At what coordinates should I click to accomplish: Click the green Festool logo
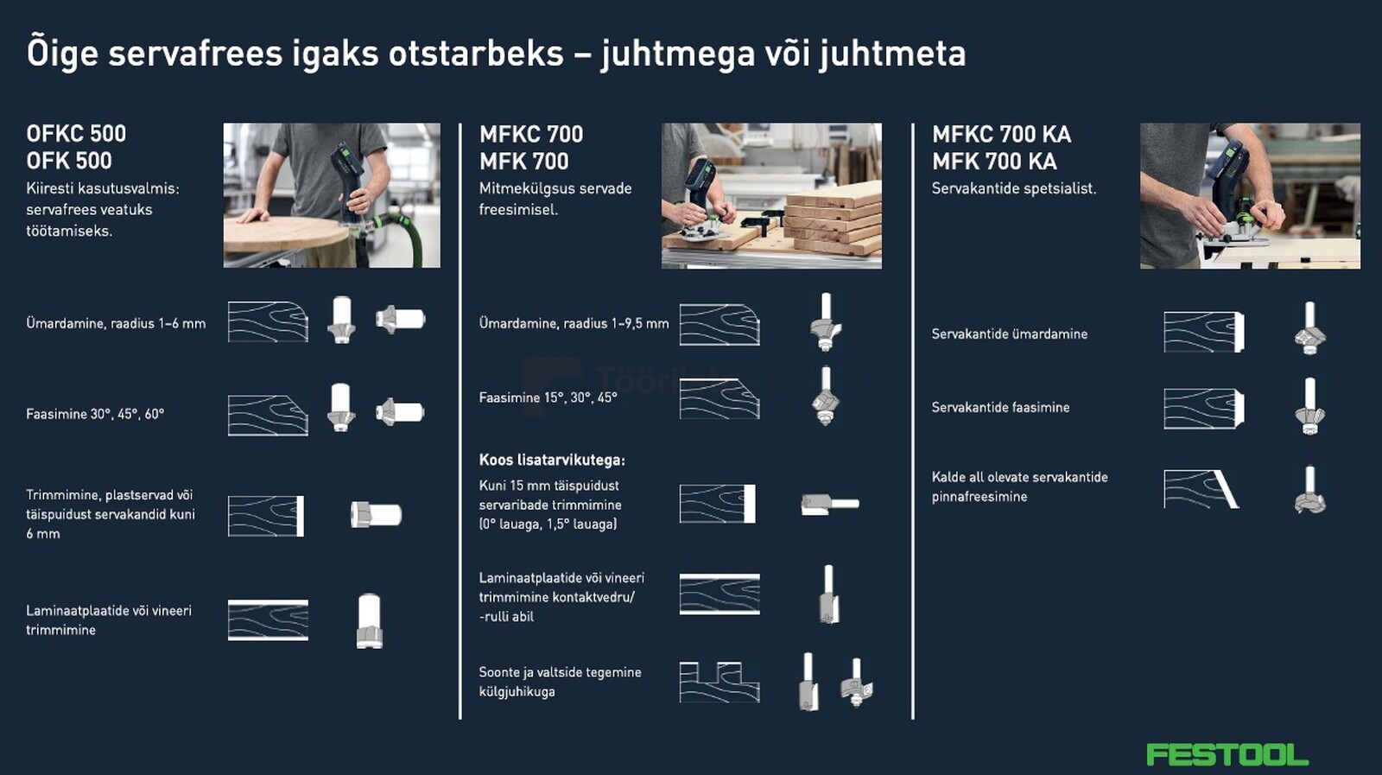1227,754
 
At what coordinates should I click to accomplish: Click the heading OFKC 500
76,134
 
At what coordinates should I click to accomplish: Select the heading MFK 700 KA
993,162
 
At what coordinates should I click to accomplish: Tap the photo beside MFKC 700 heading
771,195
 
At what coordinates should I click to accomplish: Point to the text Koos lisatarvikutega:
552,460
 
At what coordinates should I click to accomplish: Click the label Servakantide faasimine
1000,407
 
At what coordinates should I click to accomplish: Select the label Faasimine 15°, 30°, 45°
548,397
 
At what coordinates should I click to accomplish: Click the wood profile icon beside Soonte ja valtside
719,682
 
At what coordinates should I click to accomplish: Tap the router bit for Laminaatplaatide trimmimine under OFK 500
369,620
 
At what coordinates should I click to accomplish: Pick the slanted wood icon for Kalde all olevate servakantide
1201,489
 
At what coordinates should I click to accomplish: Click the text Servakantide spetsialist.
1013,188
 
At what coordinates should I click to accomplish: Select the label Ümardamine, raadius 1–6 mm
116,323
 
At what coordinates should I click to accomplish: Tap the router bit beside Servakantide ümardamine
1309,328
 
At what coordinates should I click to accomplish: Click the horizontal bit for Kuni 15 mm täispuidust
828,504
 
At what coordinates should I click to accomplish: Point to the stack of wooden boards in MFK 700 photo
834,220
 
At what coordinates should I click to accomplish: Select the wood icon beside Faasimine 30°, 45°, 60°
268,415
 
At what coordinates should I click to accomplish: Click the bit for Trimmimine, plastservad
376,515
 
